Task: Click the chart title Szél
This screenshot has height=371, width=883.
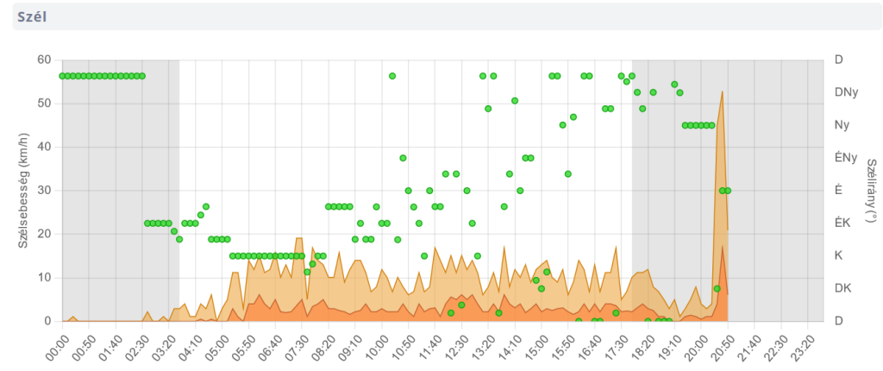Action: click(x=32, y=16)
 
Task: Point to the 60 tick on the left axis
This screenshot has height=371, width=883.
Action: click(x=44, y=60)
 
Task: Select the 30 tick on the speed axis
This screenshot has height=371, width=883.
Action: click(x=44, y=190)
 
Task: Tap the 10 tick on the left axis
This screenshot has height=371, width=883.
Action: click(x=44, y=277)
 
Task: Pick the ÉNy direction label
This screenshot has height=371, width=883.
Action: click(x=845, y=158)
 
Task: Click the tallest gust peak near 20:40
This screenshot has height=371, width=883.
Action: click(x=722, y=91)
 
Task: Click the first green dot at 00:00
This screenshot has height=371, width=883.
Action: click(x=62, y=76)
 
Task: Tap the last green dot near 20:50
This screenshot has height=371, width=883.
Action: click(x=728, y=191)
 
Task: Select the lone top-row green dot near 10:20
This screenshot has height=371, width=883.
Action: click(x=392, y=76)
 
